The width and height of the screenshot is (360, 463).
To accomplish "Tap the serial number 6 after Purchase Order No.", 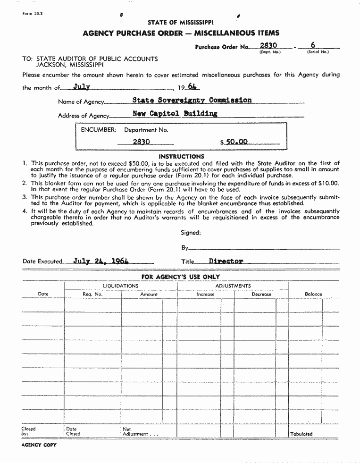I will [312, 46].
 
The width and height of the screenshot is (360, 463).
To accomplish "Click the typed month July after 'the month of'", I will [82, 87].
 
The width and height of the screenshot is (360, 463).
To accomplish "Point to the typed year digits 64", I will [192, 87].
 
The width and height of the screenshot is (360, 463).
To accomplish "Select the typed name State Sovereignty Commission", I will [192, 100].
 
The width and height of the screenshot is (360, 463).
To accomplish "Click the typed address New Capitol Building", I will [175, 114].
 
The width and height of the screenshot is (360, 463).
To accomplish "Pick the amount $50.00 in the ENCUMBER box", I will [234, 142].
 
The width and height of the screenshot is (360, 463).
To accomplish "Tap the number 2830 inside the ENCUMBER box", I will [141, 142].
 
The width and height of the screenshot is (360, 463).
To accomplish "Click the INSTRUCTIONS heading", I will [181, 156].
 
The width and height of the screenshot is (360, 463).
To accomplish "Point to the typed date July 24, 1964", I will [101, 261].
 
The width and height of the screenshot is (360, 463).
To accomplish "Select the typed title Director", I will [226, 261].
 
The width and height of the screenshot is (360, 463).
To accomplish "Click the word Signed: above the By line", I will [191, 233].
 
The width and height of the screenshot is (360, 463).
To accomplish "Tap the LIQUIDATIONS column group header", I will [121, 286].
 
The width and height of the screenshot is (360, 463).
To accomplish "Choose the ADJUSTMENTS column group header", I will [233, 286].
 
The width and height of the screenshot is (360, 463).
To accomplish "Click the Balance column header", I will [313, 294].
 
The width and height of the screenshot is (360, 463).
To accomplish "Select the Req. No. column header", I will [92, 294].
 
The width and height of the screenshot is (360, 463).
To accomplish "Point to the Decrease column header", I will [261, 294].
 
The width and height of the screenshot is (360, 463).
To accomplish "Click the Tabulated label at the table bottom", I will [301, 434].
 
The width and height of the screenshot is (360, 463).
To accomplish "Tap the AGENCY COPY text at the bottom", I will [39, 445].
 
